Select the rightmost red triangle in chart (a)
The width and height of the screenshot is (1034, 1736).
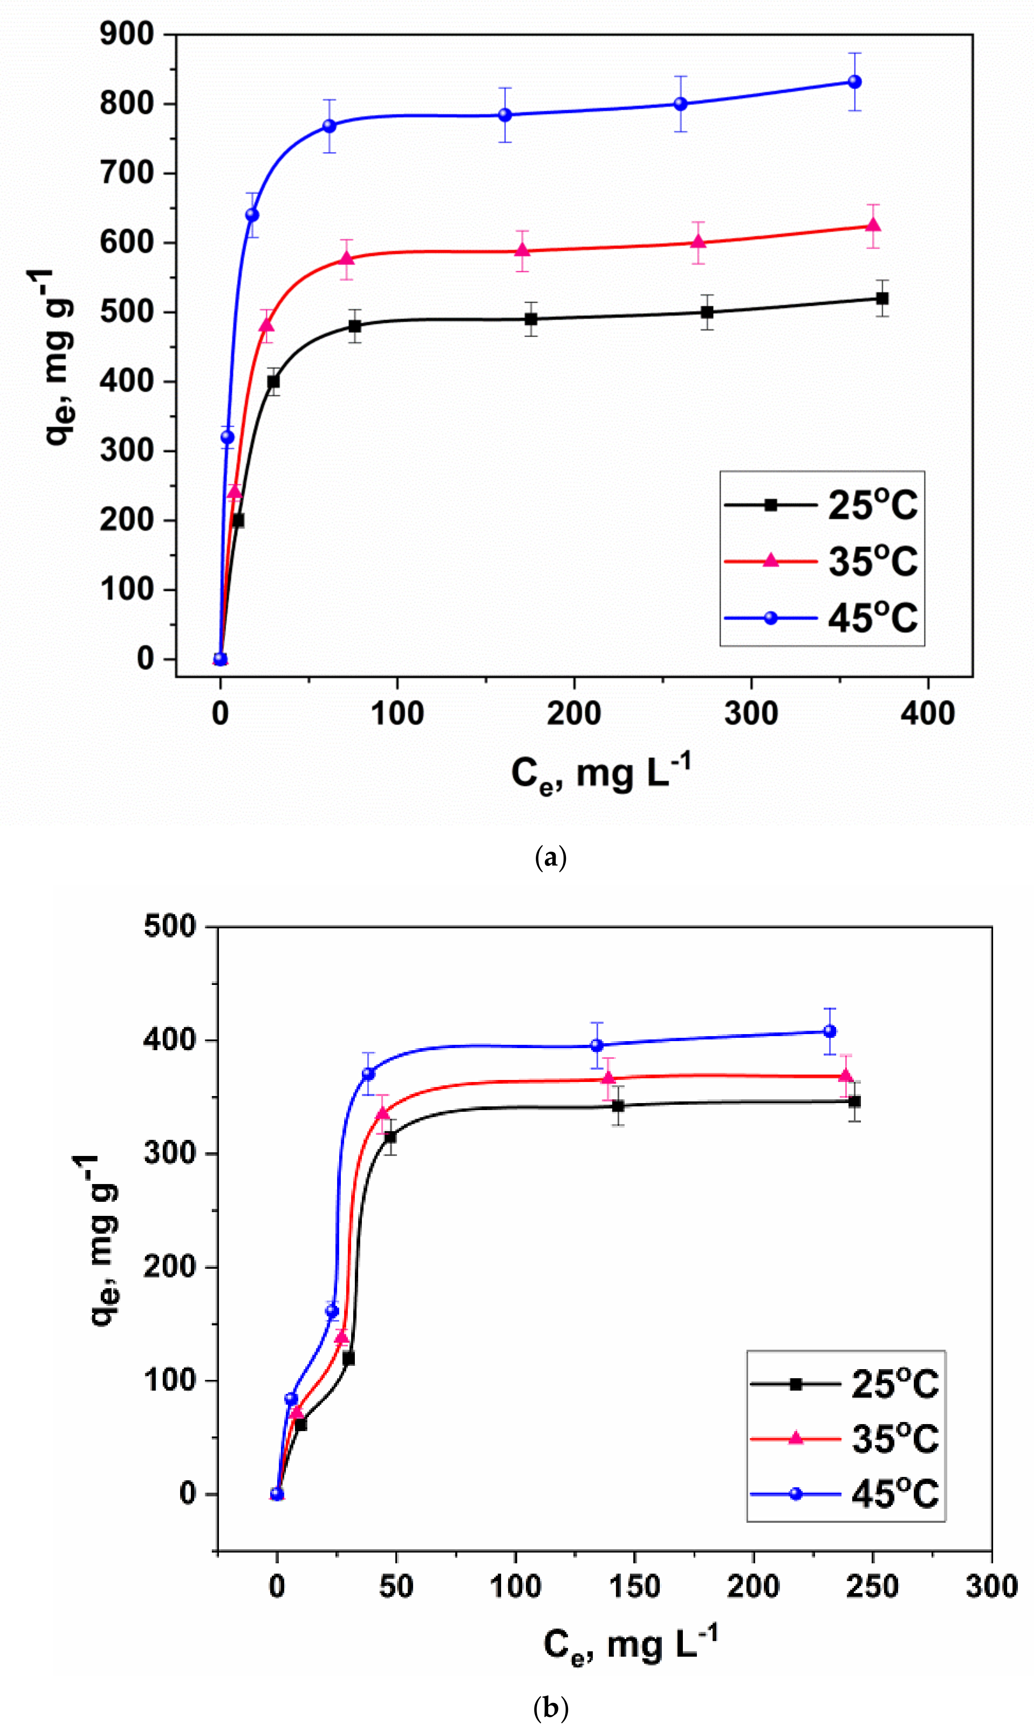point(873,225)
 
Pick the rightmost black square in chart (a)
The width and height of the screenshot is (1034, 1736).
point(882,298)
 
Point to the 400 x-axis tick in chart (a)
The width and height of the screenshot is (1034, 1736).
point(927,713)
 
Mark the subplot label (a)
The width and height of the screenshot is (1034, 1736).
point(550,857)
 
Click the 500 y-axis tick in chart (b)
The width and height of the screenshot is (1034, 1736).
point(170,927)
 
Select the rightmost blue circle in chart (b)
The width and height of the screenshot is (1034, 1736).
point(829,1031)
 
